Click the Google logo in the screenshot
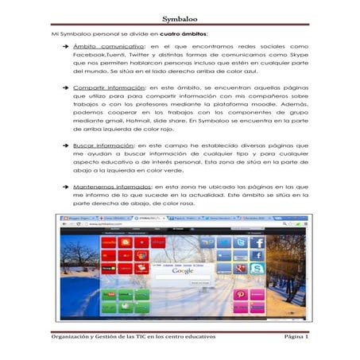[x=183, y=271]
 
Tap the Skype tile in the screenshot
[x=257, y=269]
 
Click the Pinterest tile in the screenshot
[x=240, y=295]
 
